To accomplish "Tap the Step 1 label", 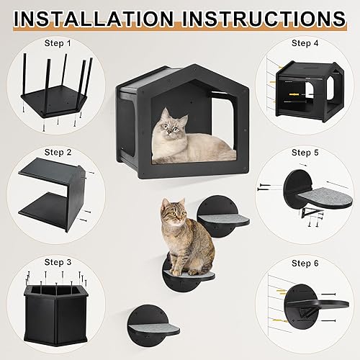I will tap(58, 43).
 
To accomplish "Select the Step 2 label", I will tap(58, 152).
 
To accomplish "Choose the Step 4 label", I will tap(305, 43).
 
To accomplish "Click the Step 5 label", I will tap(305, 152).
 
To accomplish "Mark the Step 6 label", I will tap(305, 264).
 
